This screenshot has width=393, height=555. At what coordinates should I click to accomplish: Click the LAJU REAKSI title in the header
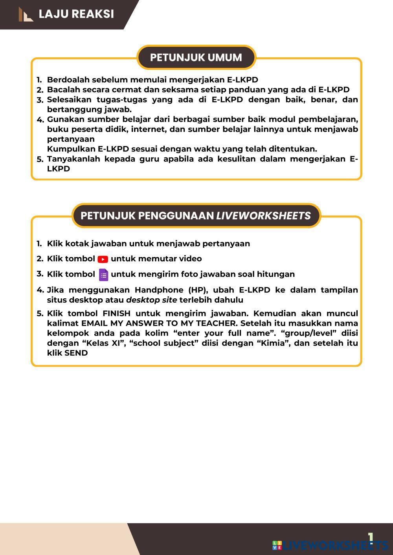point(76,14)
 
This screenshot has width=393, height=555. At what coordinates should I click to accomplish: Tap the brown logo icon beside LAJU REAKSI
point(26,15)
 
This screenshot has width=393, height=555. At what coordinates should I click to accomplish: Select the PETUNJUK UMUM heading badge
point(196,57)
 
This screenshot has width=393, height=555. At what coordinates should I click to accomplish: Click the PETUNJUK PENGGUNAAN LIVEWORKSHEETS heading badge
point(196,215)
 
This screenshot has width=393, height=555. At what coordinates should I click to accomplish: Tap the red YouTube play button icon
point(103,259)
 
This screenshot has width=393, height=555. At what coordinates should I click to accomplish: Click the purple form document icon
point(103,274)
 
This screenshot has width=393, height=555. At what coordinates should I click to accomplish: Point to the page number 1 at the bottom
point(370,537)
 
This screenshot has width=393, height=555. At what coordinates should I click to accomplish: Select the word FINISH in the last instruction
point(116,314)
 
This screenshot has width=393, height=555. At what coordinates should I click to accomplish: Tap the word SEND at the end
point(76,353)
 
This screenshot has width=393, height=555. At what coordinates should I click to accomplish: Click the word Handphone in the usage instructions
point(160,290)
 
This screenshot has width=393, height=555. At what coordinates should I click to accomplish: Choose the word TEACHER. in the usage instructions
point(217,323)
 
